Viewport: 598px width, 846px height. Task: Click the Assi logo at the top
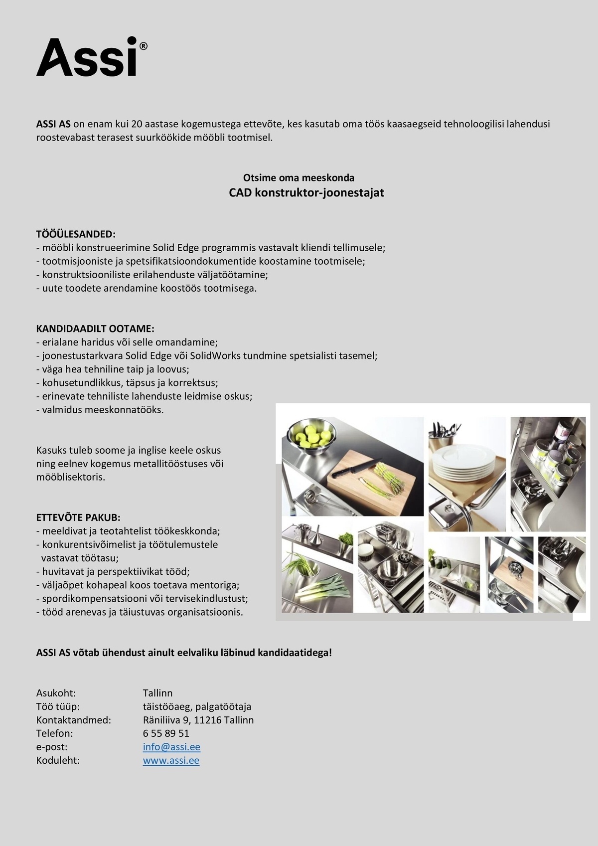point(87,57)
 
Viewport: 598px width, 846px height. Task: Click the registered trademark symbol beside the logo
point(144,46)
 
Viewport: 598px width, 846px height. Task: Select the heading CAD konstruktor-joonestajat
point(306,193)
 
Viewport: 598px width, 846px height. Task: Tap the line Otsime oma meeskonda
point(299,177)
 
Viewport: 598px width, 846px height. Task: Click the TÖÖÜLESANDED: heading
point(76,234)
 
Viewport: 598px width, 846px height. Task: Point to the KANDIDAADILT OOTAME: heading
point(95,329)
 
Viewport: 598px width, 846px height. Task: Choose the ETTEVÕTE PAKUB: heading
point(78,517)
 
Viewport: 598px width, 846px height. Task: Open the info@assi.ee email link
point(171,747)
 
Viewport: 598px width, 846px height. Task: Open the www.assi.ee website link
point(171,760)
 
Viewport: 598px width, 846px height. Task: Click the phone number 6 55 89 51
point(166,733)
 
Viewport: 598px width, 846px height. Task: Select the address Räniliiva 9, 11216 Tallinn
point(198,720)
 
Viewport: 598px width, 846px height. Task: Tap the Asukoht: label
point(56,693)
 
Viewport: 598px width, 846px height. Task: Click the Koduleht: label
point(58,760)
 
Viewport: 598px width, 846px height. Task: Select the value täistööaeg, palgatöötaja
point(197,706)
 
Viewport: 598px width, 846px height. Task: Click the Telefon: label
point(54,733)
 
